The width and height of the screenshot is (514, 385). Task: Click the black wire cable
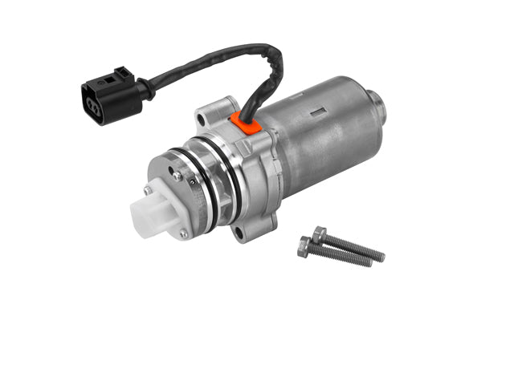pos(201,67)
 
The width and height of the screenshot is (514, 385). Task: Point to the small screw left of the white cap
pos(148,190)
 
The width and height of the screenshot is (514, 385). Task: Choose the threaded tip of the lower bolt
pos(368,262)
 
